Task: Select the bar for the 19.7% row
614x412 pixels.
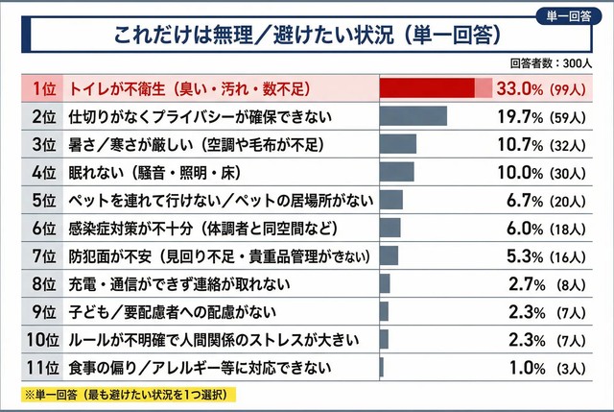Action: [x=413, y=116]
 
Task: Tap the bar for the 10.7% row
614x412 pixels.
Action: [x=398, y=144]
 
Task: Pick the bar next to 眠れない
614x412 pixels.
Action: [x=397, y=172]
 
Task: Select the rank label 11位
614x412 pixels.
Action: [x=41, y=366]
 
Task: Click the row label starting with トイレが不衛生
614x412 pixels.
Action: [x=192, y=88]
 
